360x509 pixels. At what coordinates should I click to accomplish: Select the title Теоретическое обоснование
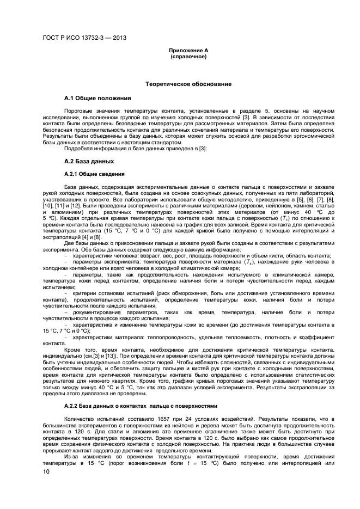click(188, 84)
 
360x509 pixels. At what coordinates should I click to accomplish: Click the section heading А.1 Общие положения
click(97, 99)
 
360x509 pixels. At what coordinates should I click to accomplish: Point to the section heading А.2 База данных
click(89, 162)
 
